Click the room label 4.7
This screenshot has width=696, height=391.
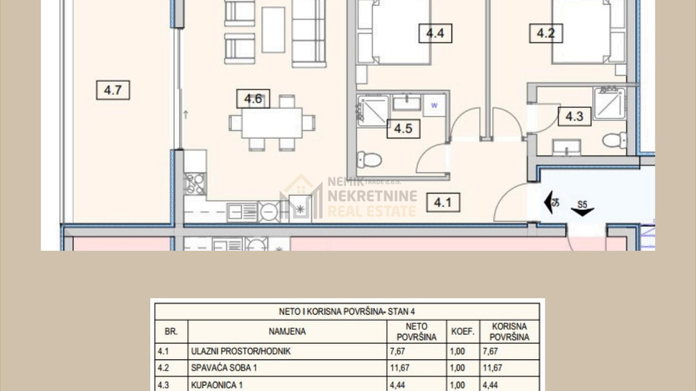click(112, 91)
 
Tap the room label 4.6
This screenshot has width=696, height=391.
click(252, 99)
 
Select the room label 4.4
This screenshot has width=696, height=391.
click(435, 33)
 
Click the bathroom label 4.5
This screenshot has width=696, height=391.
click(403, 130)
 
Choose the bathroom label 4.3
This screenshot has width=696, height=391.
click(574, 116)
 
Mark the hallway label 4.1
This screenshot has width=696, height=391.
click(442, 203)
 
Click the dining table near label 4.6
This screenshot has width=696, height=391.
click(272, 122)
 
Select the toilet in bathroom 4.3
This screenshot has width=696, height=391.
click(614, 139)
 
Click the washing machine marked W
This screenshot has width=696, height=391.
click(434, 104)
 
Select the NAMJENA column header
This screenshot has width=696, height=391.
click(287, 332)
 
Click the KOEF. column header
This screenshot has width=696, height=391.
click(463, 332)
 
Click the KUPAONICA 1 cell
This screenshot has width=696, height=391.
click(215, 384)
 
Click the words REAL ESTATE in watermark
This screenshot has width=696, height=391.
click(372, 211)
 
